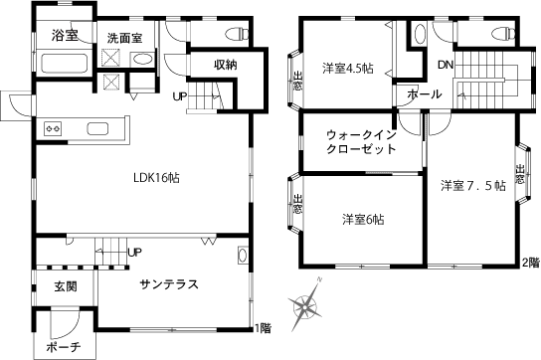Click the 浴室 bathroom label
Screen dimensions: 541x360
(x=65, y=35)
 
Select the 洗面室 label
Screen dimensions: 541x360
(x=124, y=38)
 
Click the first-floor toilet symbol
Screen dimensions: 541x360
(x=238, y=34)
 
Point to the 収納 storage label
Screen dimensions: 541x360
(x=226, y=65)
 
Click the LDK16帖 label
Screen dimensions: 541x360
(x=156, y=178)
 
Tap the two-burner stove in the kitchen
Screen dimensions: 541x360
(x=53, y=128)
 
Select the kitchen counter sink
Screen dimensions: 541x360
(x=97, y=128)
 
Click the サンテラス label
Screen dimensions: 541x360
(x=169, y=284)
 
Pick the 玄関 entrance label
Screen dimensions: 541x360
(x=66, y=286)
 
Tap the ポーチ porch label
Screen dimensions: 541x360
(x=64, y=347)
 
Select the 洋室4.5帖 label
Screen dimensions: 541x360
(x=348, y=68)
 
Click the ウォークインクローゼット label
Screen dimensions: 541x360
(x=361, y=142)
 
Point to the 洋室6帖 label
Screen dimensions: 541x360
(x=363, y=219)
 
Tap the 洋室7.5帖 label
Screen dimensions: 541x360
(x=473, y=186)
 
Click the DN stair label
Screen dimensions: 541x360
(x=446, y=65)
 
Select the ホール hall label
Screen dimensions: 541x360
(x=425, y=93)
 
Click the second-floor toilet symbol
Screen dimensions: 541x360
(x=504, y=34)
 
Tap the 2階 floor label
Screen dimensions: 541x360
(x=530, y=263)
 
